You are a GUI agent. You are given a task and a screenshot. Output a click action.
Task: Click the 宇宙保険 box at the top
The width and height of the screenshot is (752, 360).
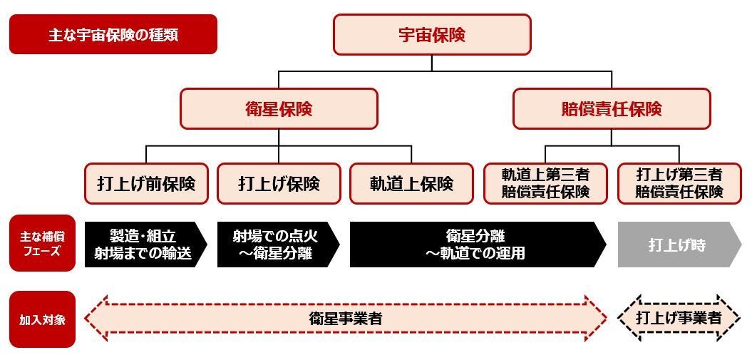click(x=432, y=34)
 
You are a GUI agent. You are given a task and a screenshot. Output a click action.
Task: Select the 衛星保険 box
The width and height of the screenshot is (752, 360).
click(x=279, y=108)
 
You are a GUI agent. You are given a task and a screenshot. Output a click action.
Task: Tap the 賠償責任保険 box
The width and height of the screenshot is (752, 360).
click(x=612, y=108)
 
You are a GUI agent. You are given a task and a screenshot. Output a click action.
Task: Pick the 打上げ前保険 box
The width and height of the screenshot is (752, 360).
click(x=146, y=183)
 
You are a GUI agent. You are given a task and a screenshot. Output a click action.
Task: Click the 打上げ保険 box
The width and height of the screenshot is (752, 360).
click(x=279, y=183)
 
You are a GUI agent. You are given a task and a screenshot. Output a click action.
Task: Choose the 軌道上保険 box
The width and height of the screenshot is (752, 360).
click(x=411, y=183)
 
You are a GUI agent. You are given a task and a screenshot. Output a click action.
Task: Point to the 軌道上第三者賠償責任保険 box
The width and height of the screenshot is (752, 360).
click(x=545, y=183)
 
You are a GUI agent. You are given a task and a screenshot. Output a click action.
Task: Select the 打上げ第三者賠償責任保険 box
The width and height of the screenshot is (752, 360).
click(x=679, y=183)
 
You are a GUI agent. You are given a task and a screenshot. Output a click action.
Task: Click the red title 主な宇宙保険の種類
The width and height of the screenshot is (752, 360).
click(x=113, y=34)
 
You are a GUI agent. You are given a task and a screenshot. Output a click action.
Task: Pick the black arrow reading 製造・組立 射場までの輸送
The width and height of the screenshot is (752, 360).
click(x=143, y=245)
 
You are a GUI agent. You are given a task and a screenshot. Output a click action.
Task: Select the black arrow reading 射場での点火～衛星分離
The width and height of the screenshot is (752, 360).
click(x=274, y=245)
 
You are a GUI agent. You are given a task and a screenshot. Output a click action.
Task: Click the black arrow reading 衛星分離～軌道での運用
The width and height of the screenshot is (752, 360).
click(x=474, y=245)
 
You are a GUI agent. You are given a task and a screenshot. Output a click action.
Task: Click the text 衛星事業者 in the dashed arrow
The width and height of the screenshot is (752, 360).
click(x=346, y=319)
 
